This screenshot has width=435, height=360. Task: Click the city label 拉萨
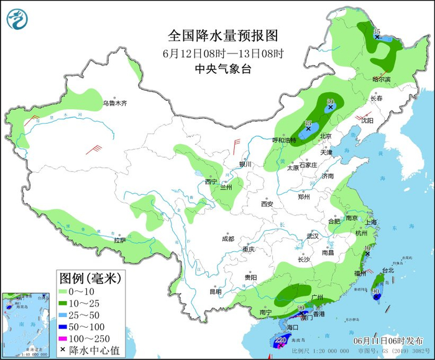[120, 240]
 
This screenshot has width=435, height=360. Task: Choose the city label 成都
[227, 239]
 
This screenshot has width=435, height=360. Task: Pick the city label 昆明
[215, 291]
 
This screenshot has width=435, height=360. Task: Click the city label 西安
[267, 203]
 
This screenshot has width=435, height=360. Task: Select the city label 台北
[387, 270]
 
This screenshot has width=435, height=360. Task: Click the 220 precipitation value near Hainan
[280, 340]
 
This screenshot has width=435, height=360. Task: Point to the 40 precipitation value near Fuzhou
[367, 247]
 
